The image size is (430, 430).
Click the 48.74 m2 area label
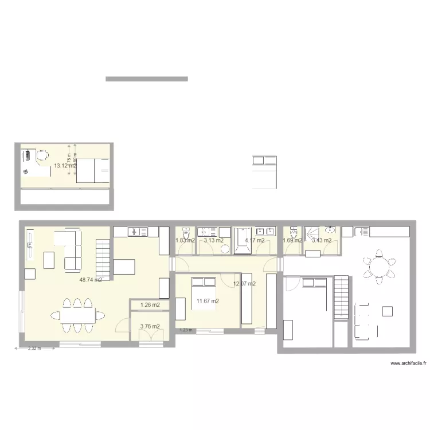[x=91, y=280]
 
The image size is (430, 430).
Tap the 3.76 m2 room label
[x=150, y=327]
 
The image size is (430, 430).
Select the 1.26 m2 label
[x=150, y=305]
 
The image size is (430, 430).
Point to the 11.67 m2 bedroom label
[x=207, y=300]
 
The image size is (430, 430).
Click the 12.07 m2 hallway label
[x=244, y=283]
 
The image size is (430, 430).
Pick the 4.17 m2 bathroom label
[x=255, y=240]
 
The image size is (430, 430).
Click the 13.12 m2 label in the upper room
[x=65, y=166]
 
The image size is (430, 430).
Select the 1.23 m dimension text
[x=185, y=330]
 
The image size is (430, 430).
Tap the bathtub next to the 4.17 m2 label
[x=241, y=241]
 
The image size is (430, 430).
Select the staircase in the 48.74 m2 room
[x=103, y=260]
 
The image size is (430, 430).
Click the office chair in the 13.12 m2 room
[x=42, y=155]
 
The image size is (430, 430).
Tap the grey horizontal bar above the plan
[x=147, y=79]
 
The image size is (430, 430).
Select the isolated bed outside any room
[x=265, y=171]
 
